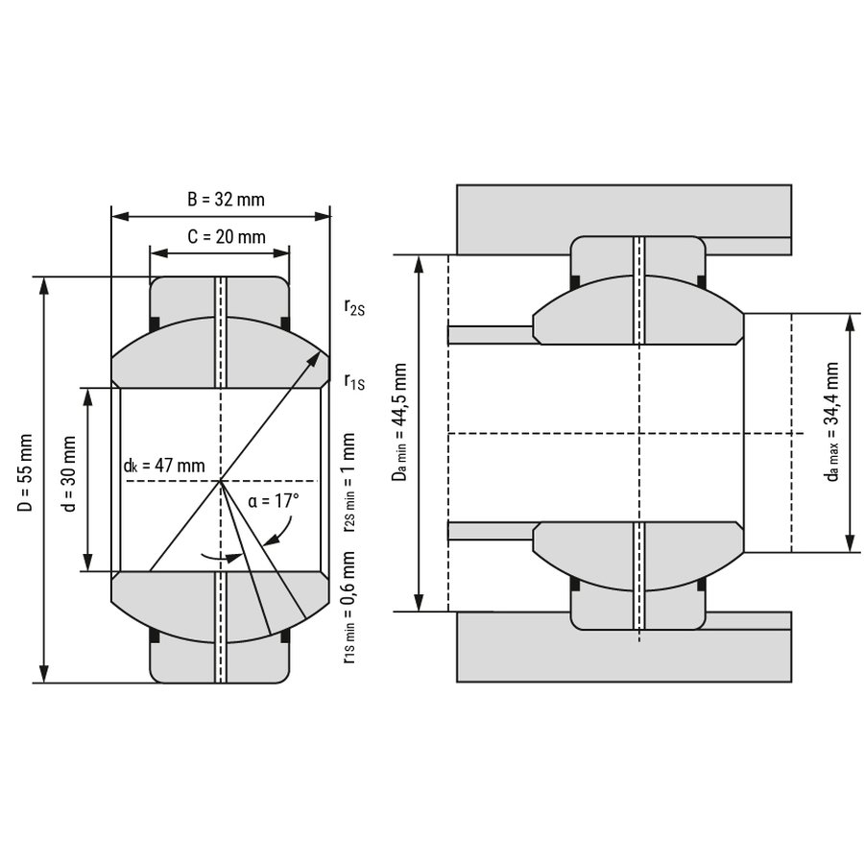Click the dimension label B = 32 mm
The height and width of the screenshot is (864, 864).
tap(226, 199)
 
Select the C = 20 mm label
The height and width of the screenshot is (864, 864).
tap(227, 236)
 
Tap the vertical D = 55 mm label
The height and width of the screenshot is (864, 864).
tap(25, 472)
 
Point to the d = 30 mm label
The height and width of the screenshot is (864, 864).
tap(69, 473)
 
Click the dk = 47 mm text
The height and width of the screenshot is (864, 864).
tap(164, 466)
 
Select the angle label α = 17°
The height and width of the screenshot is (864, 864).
tap(274, 501)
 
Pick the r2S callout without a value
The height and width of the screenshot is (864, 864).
tap(354, 307)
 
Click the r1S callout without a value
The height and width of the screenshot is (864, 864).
tap(354, 381)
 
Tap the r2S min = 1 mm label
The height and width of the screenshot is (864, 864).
tap(349, 483)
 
